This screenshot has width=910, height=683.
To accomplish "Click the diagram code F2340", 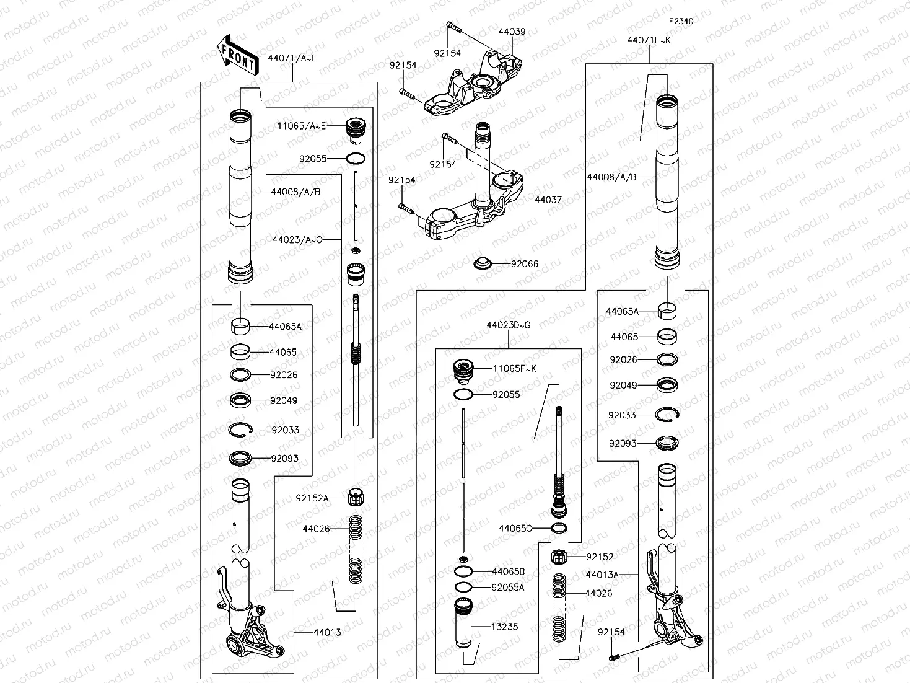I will (681, 21).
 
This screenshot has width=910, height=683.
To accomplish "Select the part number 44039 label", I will (512, 31).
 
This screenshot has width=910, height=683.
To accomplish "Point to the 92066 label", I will (524, 264).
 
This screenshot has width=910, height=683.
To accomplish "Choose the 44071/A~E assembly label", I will (292, 58).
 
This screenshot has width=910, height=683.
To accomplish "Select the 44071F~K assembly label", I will (649, 40).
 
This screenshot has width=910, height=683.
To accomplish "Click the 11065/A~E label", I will (301, 126).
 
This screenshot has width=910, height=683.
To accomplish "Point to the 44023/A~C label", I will (297, 239).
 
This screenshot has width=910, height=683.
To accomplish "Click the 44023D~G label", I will (508, 325).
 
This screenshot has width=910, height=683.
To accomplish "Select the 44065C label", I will (515, 528).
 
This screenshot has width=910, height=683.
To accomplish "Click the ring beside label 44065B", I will (463, 571).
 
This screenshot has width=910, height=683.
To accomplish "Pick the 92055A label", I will (507, 588).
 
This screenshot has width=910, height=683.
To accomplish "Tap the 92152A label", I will (312, 498).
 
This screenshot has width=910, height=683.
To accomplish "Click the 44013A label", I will (602, 575).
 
